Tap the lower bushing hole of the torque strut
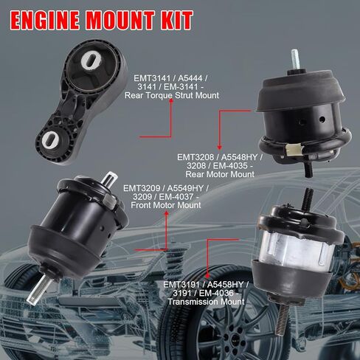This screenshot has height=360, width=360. click(x=55, y=139)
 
